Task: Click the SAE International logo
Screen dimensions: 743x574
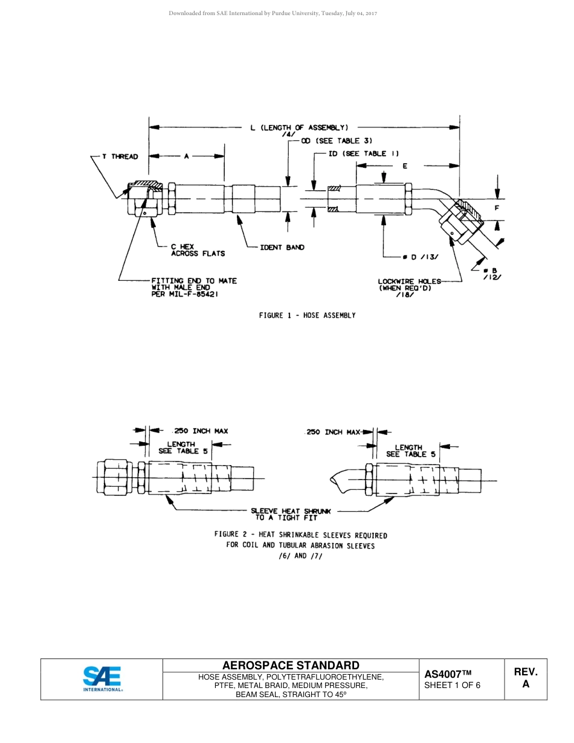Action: tap(102, 679)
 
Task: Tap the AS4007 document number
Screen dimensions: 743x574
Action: tap(447, 674)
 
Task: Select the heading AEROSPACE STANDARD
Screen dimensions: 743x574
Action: tap(291, 666)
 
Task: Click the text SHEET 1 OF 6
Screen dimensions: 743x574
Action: tap(453, 685)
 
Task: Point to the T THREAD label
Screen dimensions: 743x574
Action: tap(120, 156)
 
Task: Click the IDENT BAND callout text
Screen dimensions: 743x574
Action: tap(282, 247)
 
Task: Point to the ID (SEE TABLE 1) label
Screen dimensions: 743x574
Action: tap(364, 153)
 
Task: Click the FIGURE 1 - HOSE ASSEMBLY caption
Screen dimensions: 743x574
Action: tap(307, 315)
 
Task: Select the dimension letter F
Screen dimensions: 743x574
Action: tap(497, 208)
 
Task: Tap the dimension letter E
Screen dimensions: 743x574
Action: tap(405, 166)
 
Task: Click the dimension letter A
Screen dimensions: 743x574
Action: tap(187, 156)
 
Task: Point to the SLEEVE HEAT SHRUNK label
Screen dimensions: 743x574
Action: tap(291, 514)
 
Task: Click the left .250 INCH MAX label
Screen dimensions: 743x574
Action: tap(201, 431)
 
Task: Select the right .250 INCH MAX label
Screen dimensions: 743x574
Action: tap(333, 432)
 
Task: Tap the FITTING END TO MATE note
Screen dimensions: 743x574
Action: tap(193, 288)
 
